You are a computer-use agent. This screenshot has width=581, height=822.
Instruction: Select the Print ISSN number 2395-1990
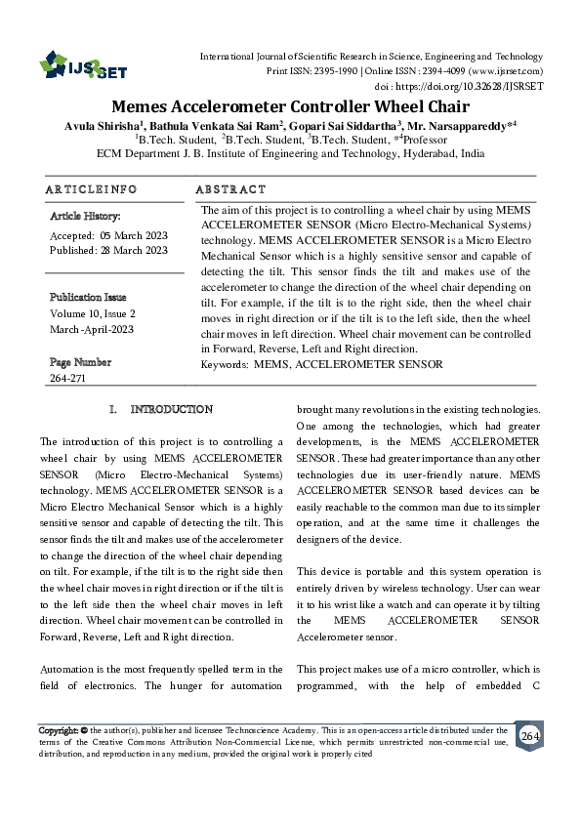(330, 71)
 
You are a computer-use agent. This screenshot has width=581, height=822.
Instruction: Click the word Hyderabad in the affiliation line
(425, 153)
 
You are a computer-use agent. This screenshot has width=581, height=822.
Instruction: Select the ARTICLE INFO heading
(91, 188)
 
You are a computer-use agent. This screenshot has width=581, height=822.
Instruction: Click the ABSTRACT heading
(230, 188)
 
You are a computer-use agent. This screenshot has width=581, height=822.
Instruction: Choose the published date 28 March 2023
(134, 250)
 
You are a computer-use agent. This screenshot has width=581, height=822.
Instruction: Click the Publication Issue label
(88, 296)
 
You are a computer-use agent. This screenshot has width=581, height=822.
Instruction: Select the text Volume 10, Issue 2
(92, 313)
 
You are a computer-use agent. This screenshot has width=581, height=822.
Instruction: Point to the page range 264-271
(67, 377)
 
